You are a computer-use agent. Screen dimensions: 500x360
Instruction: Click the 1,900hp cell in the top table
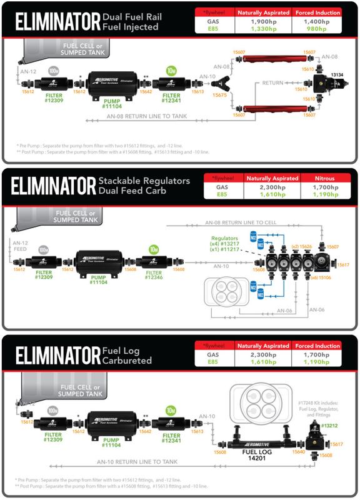tap(267, 21)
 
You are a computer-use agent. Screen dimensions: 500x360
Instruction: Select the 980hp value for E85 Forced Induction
tap(318, 29)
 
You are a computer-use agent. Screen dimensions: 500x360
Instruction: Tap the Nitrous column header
tap(318, 178)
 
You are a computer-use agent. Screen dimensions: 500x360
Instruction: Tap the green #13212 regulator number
tap(329, 426)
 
